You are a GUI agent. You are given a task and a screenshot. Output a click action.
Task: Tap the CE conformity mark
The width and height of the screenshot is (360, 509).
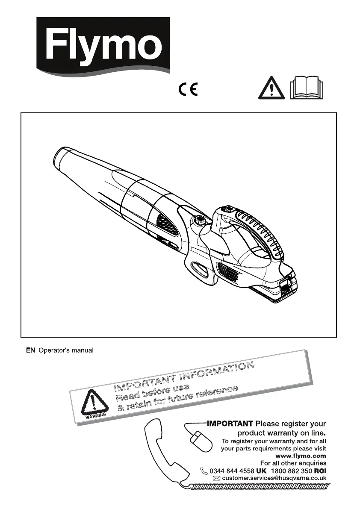(x=188, y=90)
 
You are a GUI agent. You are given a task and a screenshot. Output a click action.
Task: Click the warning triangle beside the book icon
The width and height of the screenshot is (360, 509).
(x=271, y=89)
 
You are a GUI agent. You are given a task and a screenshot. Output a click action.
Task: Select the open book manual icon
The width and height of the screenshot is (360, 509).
(x=307, y=89)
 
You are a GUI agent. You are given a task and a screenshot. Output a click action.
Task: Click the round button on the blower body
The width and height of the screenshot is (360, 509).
(x=199, y=221)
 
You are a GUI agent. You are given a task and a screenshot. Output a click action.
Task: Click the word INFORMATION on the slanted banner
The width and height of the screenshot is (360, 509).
(x=216, y=372)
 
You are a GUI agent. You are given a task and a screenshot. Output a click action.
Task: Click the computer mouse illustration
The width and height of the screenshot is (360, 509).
(x=201, y=441)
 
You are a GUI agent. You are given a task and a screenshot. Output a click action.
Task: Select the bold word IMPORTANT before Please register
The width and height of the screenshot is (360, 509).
(x=230, y=424)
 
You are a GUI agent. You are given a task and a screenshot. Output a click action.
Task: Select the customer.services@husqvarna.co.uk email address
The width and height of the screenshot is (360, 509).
(x=274, y=478)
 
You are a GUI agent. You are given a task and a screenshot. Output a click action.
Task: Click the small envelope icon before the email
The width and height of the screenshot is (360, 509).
(x=216, y=479)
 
